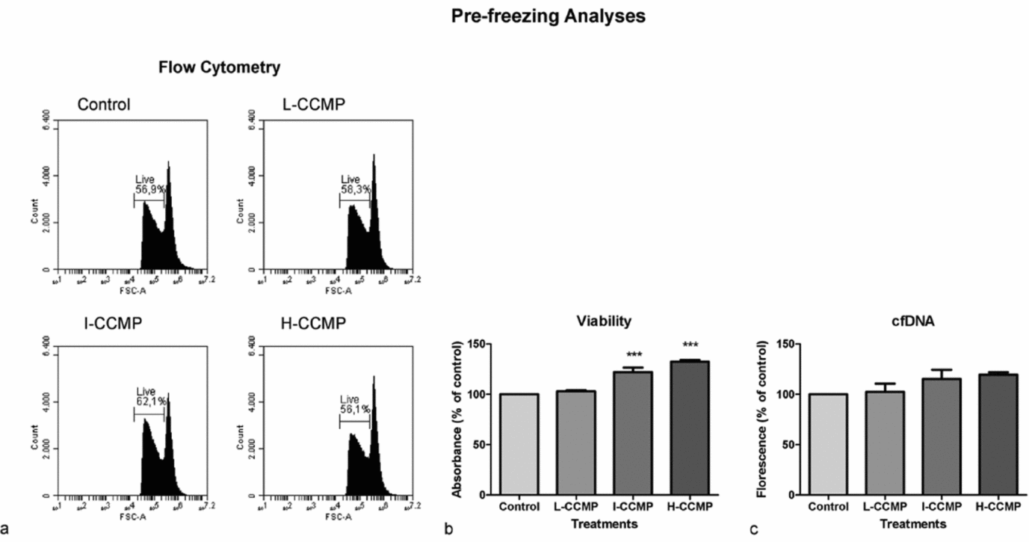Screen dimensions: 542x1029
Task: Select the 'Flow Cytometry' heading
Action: point(220,68)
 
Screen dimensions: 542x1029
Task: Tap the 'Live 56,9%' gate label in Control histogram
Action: point(149,185)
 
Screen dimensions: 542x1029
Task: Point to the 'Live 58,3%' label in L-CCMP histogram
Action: point(354,185)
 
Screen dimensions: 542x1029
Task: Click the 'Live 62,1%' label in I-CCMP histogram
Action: point(149,395)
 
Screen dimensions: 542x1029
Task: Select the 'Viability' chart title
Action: point(604,321)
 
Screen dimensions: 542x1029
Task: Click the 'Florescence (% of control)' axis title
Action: point(761,419)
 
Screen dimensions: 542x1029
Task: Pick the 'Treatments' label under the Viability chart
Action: point(604,524)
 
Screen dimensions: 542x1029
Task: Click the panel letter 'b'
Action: point(448,530)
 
